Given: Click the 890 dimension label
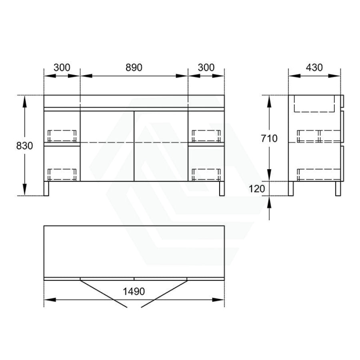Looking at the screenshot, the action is click(134, 68).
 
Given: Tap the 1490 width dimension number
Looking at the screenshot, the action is click(134, 292).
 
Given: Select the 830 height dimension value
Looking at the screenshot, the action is click(24, 146).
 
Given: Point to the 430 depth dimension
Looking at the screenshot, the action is click(314, 68).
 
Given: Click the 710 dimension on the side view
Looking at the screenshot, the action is click(269, 138).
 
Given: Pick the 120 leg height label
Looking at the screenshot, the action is click(257, 189).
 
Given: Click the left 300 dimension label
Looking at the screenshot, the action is click(62, 68).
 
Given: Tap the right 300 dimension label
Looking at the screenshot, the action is click(206, 68).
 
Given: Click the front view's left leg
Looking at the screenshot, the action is click(46, 188).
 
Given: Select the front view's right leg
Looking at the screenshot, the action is click(222, 188).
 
